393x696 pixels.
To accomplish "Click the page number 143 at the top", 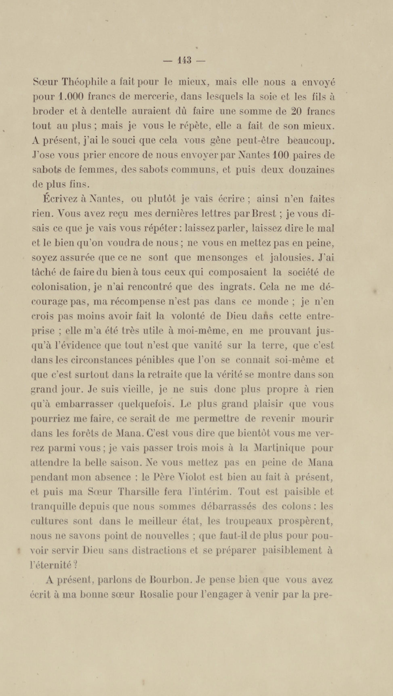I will (x=184, y=60).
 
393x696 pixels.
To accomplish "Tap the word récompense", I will (x=136, y=302).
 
